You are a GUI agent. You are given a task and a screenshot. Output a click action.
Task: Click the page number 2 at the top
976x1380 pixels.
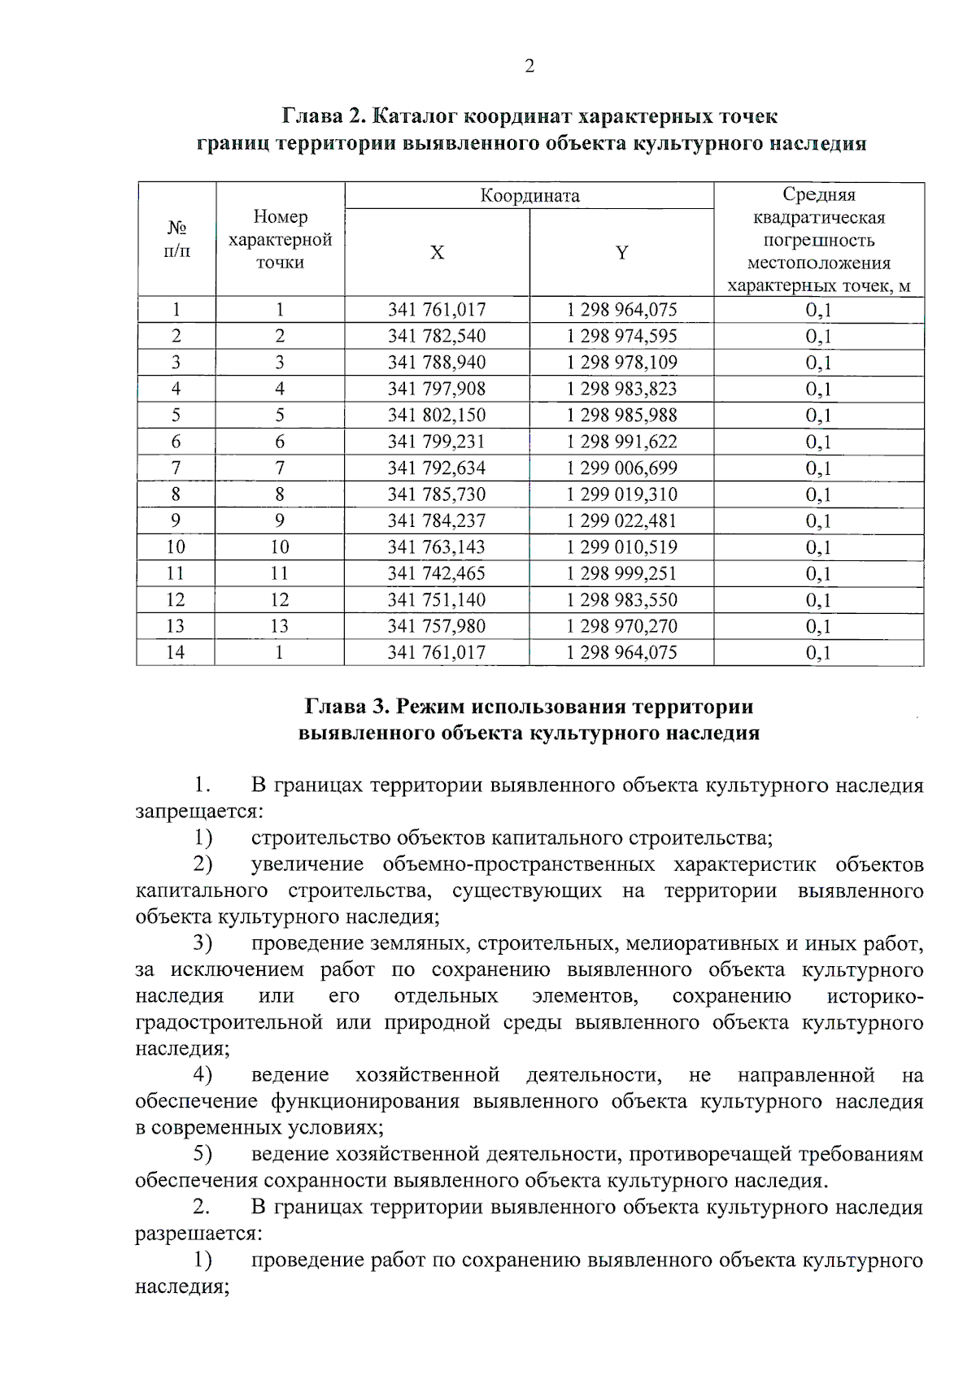point(529,67)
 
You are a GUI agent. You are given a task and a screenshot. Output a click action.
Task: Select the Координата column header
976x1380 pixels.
point(529,196)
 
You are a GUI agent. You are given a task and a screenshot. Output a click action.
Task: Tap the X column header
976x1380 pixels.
point(437,253)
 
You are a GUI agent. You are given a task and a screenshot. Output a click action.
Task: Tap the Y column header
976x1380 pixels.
point(621,253)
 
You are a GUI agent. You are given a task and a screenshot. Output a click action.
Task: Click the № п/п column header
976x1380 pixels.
point(176,239)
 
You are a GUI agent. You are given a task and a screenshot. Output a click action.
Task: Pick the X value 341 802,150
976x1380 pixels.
point(437,416)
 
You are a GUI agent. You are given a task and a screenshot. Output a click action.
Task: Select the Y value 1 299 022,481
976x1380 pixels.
point(621,521)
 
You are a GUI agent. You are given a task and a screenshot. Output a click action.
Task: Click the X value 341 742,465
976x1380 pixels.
point(437,574)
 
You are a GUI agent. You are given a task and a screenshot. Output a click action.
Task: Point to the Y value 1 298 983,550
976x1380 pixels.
point(621,600)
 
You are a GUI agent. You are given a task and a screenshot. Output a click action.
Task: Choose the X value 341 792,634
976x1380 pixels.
point(437,468)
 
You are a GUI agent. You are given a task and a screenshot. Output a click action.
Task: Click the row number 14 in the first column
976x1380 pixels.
point(175,653)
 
